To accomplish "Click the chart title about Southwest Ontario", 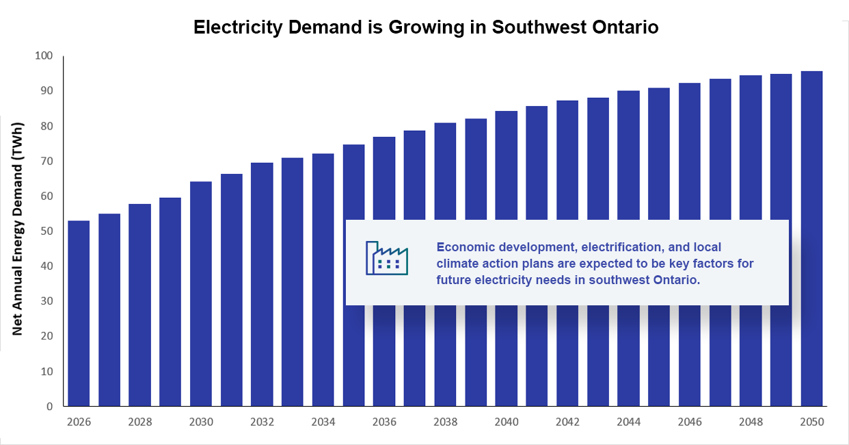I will [x=425, y=27].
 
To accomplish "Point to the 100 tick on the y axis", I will [x=44, y=56].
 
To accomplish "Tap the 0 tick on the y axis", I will [x=49, y=407].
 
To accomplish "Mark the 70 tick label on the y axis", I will [x=44, y=162].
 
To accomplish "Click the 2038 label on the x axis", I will [x=445, y=422].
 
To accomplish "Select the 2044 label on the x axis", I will [x=628, y=422].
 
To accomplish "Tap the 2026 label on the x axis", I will [x=79, y=422].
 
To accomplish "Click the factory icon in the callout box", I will [x=386, y=258].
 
